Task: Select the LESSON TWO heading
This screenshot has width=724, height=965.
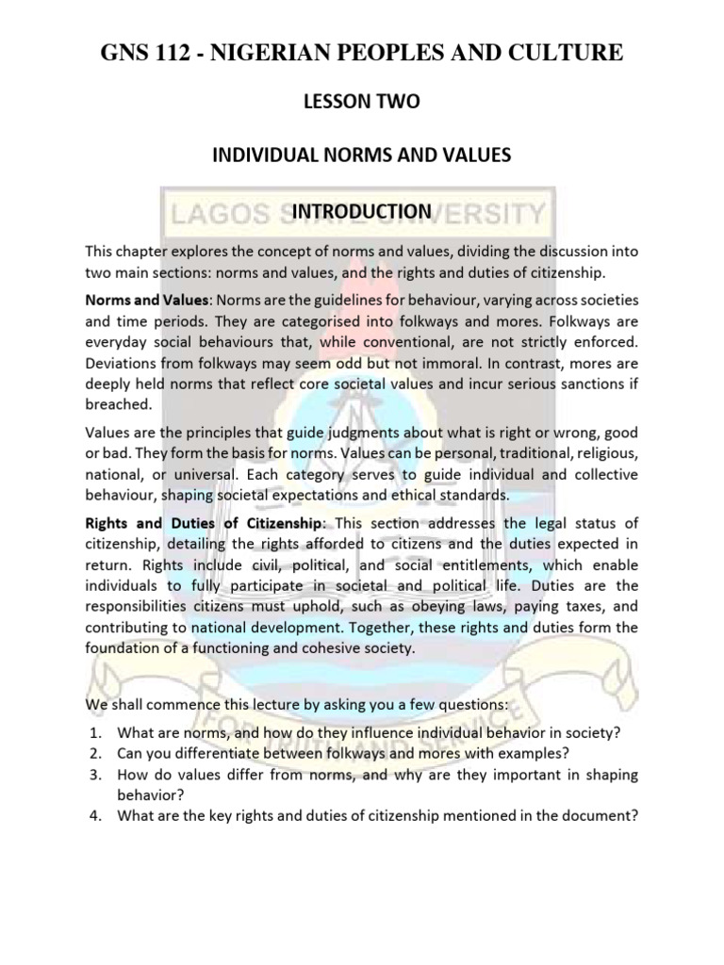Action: (361, 106)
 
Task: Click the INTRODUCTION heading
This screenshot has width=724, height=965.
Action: (361, 210)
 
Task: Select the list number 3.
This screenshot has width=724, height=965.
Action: (90, 774)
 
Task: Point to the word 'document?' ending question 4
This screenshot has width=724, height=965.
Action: (601, 815)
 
